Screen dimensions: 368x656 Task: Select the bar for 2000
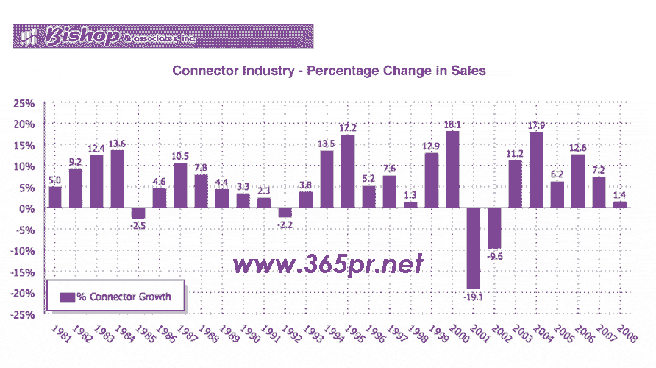[x=452, y=170]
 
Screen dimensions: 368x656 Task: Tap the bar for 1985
[x=138, y=213]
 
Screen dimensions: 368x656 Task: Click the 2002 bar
[x=494, y=228]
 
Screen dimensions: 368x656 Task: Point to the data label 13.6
[x=117, y=144]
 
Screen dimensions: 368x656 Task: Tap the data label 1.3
[x=410, y=195]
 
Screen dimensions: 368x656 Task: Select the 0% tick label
[x=28, y=208]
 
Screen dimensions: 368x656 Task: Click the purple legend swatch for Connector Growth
[x=67, y=297]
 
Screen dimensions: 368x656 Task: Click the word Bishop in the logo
[x=81, y=35]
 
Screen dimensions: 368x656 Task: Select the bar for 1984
[x=117, y=179]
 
